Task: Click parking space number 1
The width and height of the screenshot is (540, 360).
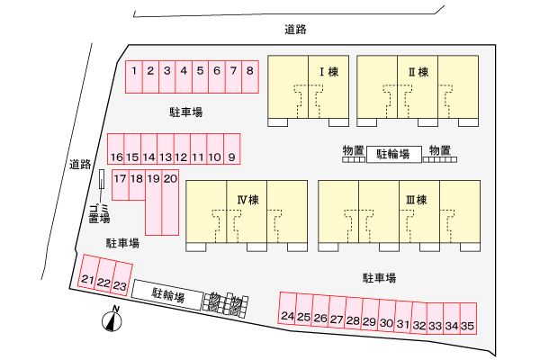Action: click(134, 70)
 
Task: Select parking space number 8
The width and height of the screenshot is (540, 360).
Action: click(249, 70)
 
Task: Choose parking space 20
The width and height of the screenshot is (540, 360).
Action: click(170, 179)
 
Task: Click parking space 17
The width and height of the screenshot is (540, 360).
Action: click(120, 179)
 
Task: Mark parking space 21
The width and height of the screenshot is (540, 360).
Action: click(86, 282)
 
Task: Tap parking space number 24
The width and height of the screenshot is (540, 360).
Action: click(287, 316)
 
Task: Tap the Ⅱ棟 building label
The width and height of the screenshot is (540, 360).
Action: click(418, 71)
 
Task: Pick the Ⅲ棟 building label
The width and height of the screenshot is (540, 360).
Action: click(415, 198)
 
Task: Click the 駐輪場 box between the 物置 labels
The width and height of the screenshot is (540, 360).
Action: click(393, 155)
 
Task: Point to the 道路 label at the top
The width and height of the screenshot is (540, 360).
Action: click(295, 30)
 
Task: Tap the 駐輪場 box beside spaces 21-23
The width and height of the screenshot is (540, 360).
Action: click(167, 292)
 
